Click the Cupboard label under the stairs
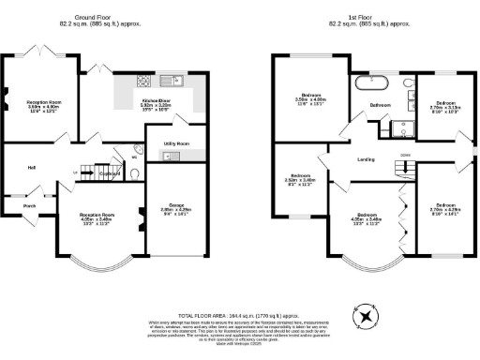109,173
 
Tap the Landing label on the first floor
367,159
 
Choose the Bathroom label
380,105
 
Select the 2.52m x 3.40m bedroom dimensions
301,181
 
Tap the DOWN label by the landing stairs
405,153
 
